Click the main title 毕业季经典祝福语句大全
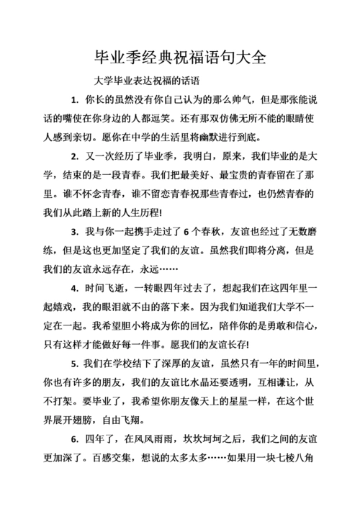(x=179, y=56)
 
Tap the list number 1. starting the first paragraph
(x=75, y=99)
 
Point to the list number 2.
(x=75, y=156)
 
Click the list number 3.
(x=75, y=232)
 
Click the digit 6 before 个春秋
(x=186, y=232)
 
